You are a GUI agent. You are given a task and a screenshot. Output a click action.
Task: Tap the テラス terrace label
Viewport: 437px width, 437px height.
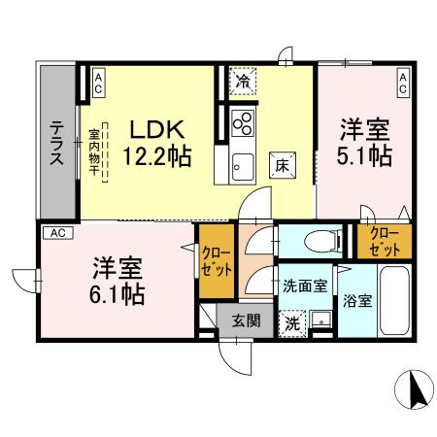[58, 143]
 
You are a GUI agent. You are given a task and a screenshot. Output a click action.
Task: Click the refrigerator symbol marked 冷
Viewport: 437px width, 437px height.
[243, 83]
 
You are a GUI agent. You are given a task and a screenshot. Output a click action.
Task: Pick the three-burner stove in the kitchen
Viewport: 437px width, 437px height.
[243, 123]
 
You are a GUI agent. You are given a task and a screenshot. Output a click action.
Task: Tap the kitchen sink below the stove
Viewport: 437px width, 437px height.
[242, 165]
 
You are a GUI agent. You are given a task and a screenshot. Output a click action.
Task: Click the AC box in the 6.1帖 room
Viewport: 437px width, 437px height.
[56, 233]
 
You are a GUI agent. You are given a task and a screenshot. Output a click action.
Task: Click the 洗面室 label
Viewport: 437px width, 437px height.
[303, 286]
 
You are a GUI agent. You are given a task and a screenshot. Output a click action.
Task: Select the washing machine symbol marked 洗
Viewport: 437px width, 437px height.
[292, 320]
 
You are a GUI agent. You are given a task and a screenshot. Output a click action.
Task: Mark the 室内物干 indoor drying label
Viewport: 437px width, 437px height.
[95, 153]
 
